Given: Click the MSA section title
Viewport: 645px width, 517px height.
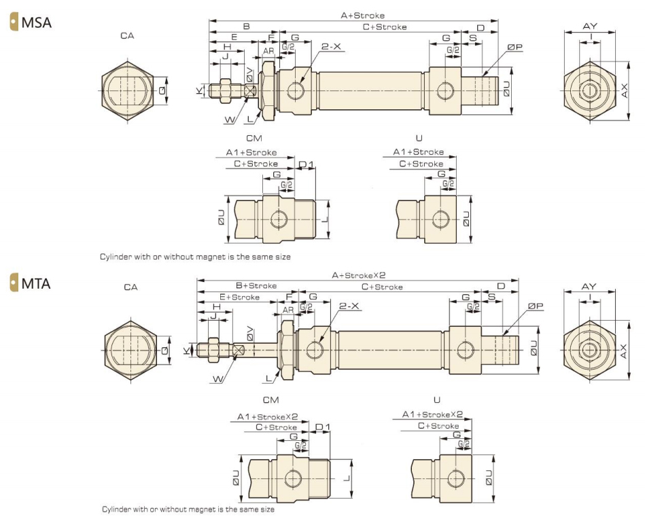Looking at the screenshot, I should (36, 22).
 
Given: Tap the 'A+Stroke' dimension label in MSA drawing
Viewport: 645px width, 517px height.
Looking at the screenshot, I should (362, 15).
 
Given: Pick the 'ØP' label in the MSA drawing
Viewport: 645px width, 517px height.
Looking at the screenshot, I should (515, 47).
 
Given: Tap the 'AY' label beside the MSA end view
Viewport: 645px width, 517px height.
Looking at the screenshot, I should (590, 26).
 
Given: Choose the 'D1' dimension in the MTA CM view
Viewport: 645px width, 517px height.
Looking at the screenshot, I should (324, 427).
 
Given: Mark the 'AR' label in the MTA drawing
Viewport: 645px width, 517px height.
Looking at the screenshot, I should (288, 307).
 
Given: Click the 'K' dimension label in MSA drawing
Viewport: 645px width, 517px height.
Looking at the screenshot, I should (200, 89).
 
